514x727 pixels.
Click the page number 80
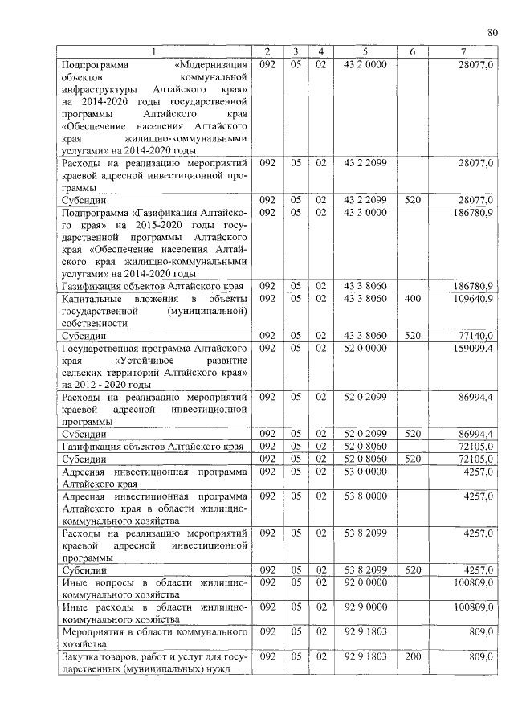[492, 32]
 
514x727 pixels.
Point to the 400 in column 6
[412, 298]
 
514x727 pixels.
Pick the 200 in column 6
[412, 656]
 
